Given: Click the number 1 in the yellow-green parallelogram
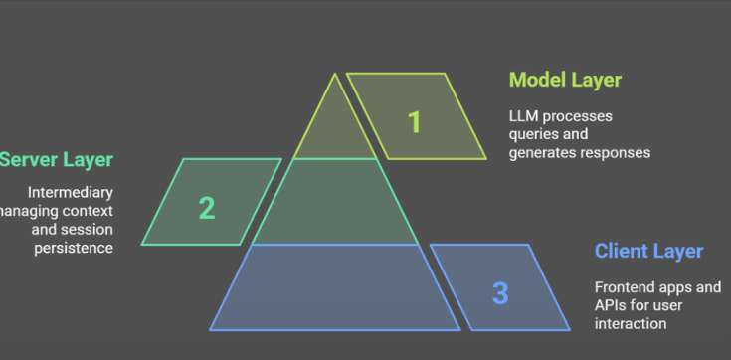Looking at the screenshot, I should [x=415, y=122].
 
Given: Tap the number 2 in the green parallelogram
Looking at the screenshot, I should [x=206, y=208].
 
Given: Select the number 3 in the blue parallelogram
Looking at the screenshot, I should [x=500, y=293].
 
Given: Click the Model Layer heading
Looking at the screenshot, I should [x=565, y=80].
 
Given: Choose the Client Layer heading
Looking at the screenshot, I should [x=648, y=251].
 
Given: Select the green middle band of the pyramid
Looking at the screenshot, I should [x=335, y=202].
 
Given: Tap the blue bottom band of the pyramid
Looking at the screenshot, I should [x=335, y=287].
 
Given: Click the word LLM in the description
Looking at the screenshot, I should [x=524, y=116].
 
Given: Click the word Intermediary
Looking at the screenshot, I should [x=71, y=192].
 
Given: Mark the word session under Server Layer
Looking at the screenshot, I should [x=87, y=229].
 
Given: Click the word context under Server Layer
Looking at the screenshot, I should [x=86, y=211].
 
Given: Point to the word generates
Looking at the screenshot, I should [x=542, y=152].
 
